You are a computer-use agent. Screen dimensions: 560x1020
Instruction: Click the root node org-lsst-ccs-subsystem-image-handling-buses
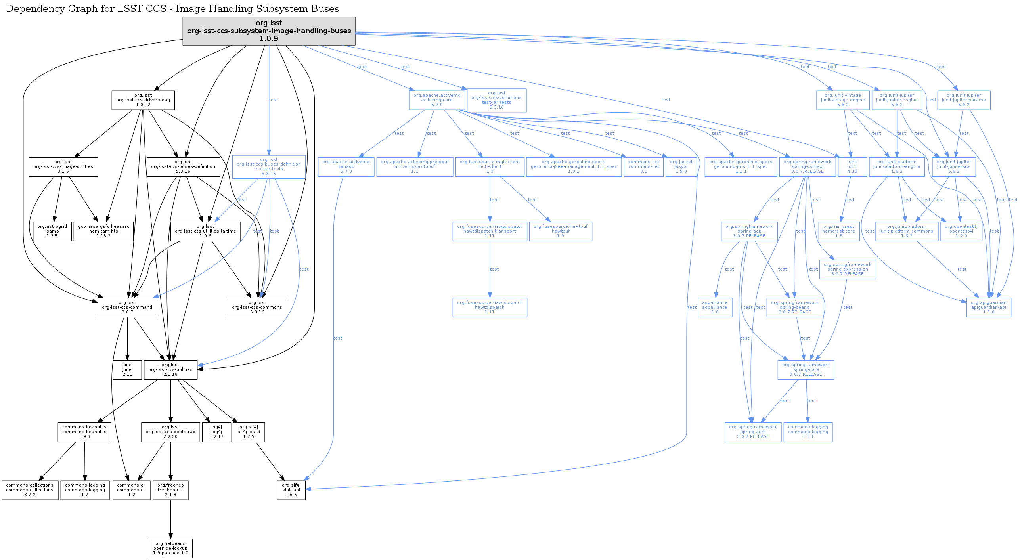pyautogui.click(x=269, y=31)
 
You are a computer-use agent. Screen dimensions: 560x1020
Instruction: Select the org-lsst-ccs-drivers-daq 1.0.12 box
pyautogui.click(x=143, y=100)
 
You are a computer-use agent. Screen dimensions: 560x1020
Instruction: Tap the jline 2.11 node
pyautogui.click(x=127, y=369)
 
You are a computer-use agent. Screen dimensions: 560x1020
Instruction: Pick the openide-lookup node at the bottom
pyautogui.click(x=170, y=548)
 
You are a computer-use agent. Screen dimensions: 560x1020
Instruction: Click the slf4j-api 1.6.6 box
pyautogui.click(x=291, y=490)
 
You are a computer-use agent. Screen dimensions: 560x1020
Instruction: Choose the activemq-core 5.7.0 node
pyautogui.click(x=437, y=100)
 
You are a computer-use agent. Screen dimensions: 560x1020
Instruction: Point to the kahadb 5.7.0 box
pyautogui.click(x=346, y=167)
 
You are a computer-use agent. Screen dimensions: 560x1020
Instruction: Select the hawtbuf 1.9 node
pyautogui.click(x=561, y=231)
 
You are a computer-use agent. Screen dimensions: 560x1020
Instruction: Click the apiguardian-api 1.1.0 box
pyautogui.click(x=989, y=308)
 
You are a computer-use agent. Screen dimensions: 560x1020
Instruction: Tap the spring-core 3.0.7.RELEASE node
pyautogui.click(x=806, y=369)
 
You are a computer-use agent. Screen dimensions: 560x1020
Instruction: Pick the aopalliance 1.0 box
pyautogui.click(x=715, y=308)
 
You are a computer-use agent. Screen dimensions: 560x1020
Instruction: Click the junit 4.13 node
pyautogui.click(x=852, y=167)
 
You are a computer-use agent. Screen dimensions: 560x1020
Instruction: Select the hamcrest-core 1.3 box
pyautogui.click(x=839, y=231)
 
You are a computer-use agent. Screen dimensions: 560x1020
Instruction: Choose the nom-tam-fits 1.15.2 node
pyautogui.click(x=103, y=231)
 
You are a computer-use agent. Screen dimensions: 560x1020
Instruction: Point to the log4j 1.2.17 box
pyautogui.click(x=216, y=432)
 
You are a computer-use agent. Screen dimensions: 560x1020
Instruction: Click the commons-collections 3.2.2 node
pyautogui.click(x=30, y=490)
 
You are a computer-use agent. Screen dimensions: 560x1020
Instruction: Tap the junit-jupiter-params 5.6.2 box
pyautogui.click(x=964, y=100)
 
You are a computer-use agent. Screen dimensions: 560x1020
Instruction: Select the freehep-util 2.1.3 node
pyautogui.click(x=170, y=490)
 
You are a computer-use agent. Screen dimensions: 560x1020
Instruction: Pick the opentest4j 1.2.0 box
pyautogui.click(x=961, y=231)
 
